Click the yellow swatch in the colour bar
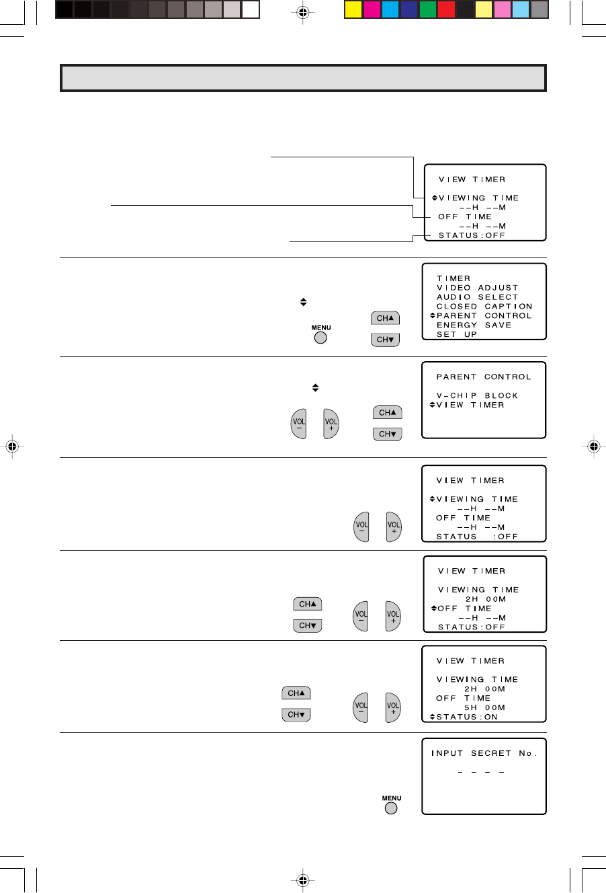click(353, 9)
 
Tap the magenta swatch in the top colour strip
click(372, 9)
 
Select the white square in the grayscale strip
click(251, 9)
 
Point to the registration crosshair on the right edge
click(593, 446)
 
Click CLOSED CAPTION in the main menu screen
click(484, 307)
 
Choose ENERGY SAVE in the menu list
click(474, 325)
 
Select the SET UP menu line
click(457, 335)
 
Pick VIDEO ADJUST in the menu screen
click(478, 288)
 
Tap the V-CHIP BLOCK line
click(477, 396)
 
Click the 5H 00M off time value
click(484, 708)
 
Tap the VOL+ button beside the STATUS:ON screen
click(393, 707)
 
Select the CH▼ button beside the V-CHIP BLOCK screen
click(388, 434)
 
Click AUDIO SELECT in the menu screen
click(478, 297)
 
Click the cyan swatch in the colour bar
click(390, 9)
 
